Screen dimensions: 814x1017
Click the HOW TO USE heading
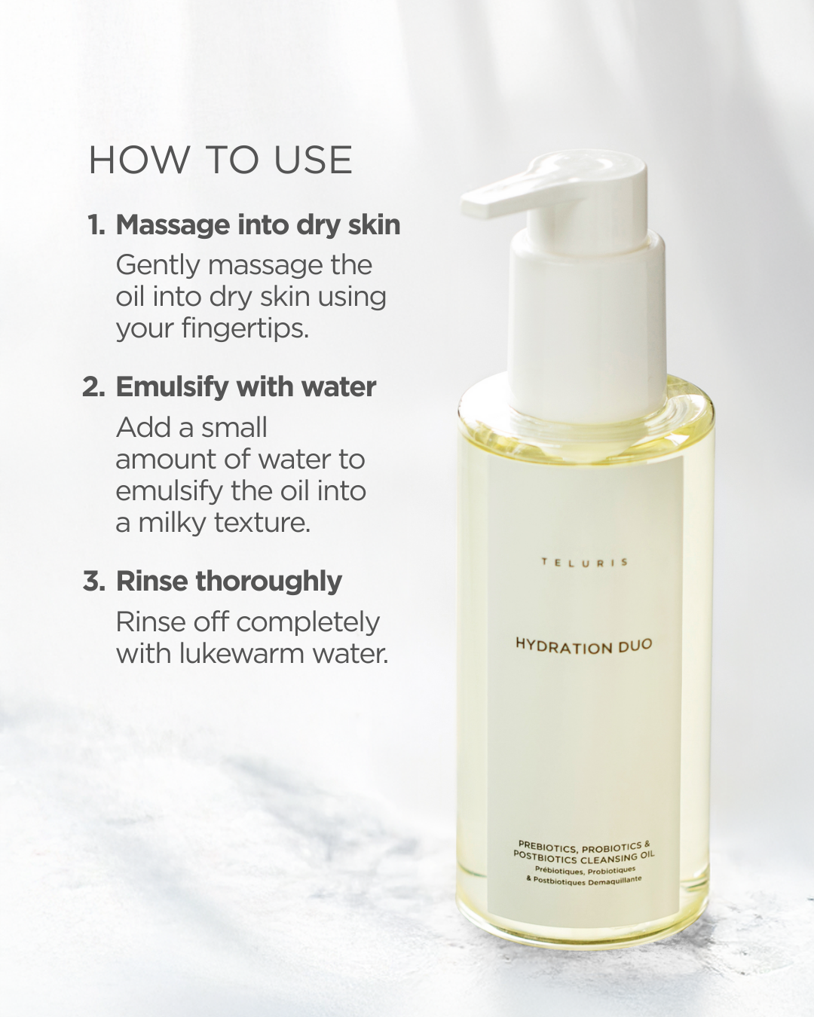(220, 160)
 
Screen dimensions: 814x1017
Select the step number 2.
(93, 387)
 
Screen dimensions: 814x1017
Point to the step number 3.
(93, 581)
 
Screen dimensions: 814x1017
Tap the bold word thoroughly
(269, 582)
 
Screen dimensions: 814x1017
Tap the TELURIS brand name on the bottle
(584, 562)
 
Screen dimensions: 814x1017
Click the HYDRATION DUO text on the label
(583, 646)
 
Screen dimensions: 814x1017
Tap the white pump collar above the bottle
(587, 326)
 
